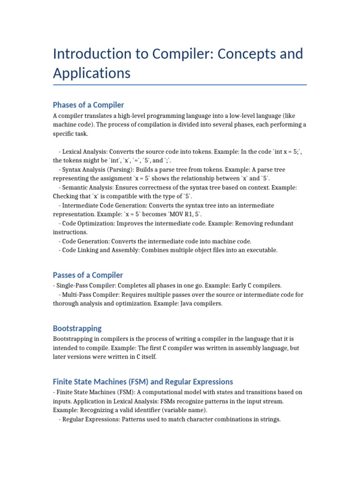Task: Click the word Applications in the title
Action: click(91, 73)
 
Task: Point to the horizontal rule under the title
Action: click(180, 85)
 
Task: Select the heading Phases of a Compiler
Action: click(88, 105)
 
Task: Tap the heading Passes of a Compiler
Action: click(88, 275)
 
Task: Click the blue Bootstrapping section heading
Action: click(77, 328)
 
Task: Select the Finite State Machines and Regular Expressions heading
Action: click(142, 382)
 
